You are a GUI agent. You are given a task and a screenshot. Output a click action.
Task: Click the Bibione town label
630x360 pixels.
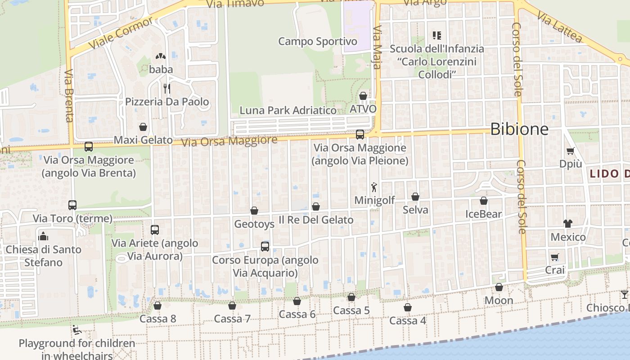[x=519, y=129]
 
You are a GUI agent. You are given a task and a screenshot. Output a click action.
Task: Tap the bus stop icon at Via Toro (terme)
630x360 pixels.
[x=72, y=205]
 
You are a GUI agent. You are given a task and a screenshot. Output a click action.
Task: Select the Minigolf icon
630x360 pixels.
[x=374, y=187]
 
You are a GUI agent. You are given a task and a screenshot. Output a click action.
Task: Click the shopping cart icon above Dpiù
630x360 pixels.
[x=571, y=151]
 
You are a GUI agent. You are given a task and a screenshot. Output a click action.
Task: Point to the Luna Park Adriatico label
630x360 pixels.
[x=288, y=110]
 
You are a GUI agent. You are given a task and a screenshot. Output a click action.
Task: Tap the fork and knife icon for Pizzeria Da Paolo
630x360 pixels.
[x=167, y=88]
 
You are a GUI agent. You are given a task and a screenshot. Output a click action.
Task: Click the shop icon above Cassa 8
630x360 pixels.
[x=157, y=306]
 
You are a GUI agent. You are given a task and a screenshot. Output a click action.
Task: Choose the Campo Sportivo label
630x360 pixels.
[x=318, y=41]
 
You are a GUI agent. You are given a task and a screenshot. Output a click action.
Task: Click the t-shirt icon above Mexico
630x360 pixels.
[x=568, y=224]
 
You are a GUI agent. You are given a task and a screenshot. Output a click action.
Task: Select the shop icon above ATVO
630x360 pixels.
[x=363, y=96]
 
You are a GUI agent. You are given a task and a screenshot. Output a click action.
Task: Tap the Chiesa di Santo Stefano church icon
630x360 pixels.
[x=44, y=236]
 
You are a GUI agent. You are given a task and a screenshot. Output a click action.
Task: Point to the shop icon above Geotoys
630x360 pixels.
[x=254, y=211]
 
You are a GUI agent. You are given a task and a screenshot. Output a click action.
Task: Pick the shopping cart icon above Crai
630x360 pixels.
[x=555, y=257]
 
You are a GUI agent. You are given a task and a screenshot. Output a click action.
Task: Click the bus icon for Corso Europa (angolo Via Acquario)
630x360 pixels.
[x=265, y=247]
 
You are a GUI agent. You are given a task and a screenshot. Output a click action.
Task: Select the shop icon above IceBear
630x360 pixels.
[x=484, y=201]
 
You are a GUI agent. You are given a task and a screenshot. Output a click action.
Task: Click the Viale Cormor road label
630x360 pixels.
[x=121, y=34]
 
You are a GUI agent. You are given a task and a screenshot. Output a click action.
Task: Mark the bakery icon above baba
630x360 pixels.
[x=161, y=56]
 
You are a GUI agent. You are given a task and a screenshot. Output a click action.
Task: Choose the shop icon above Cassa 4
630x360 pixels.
[x=408, y=307]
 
